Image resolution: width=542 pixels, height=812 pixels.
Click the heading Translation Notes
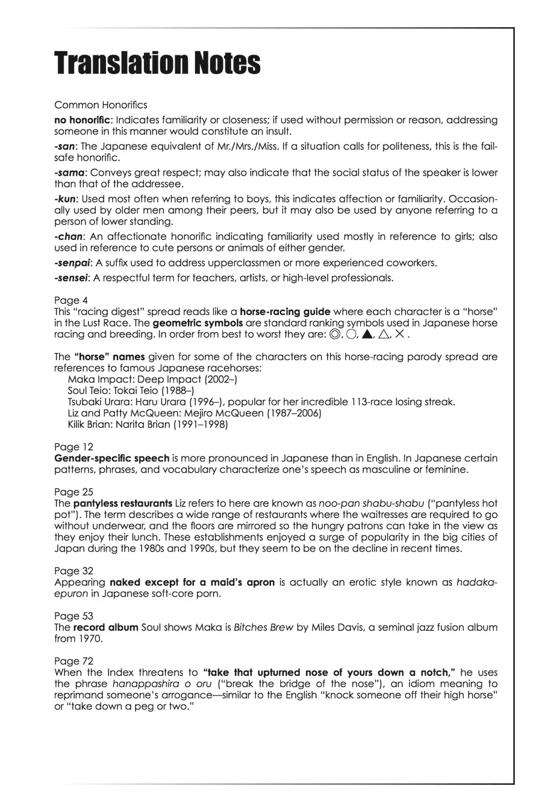(x=157, y=63)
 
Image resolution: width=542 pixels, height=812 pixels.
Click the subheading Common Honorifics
(x=101, y=105)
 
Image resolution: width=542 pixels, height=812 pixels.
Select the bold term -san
(x=65, y=146)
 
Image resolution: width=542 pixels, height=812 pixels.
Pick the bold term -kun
(x=65, y=199)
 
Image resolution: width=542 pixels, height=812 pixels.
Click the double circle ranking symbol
(x=335, y=334)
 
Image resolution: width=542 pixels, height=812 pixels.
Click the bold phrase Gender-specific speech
(x=111, y=458)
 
